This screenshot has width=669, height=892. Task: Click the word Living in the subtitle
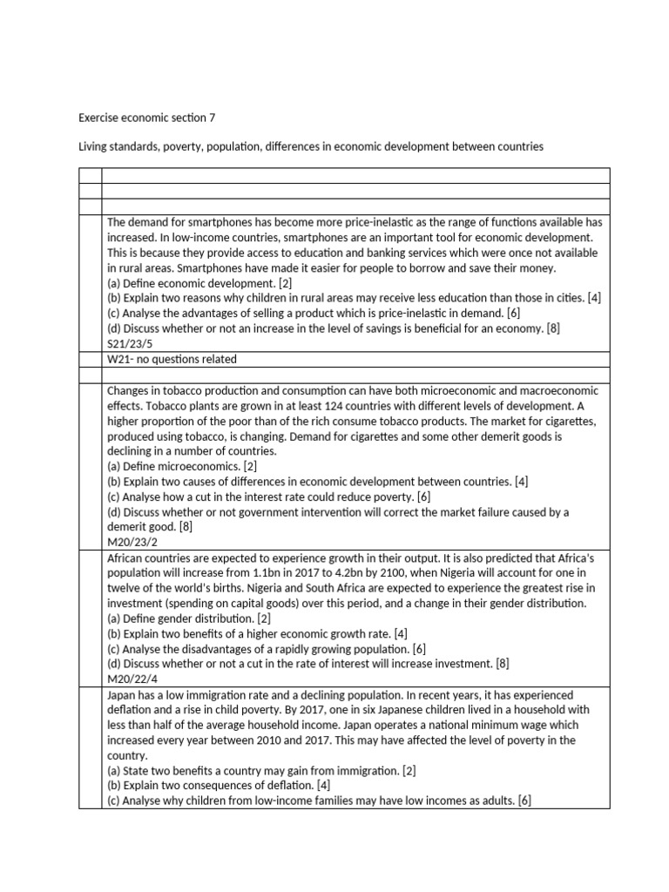[95, 147]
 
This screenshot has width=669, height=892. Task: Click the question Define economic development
[199, 283]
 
